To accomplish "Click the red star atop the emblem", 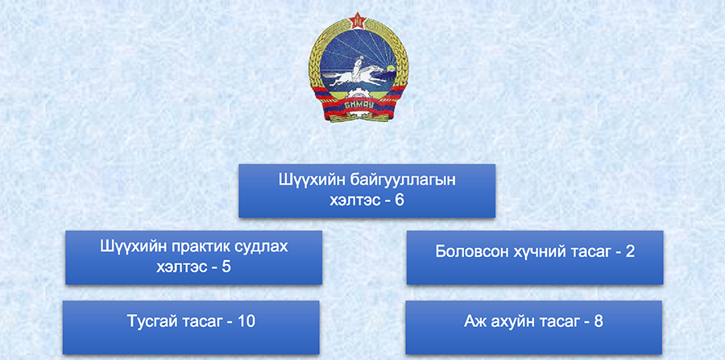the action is [358, 20].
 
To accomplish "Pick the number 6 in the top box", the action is [400, 201].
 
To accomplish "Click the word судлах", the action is [266, 246].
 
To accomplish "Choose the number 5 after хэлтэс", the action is [226, 267].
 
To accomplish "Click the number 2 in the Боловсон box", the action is [631, 252].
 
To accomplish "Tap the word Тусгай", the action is [151, 321].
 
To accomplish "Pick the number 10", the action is [246, 321].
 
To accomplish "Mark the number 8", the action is [599, 321].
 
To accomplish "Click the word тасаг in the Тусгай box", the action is [199, 322].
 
